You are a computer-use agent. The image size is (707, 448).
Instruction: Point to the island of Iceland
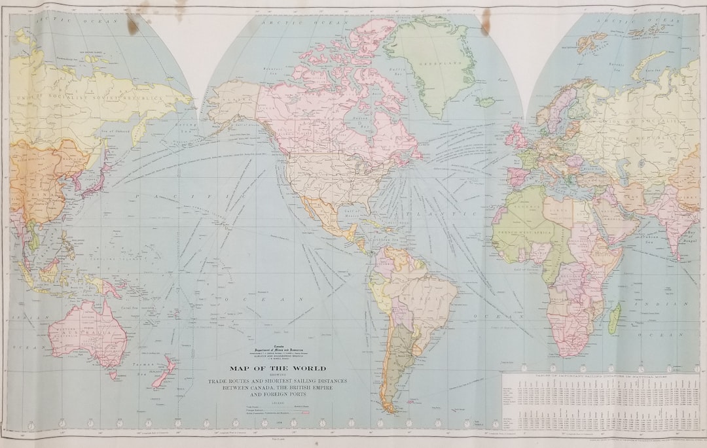tap(485, 102)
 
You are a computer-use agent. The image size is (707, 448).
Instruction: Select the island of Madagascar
tap(614, 319)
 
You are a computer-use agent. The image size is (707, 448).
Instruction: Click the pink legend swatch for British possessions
tap(306, 413)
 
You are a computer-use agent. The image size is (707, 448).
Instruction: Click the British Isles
tap(517, 138)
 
